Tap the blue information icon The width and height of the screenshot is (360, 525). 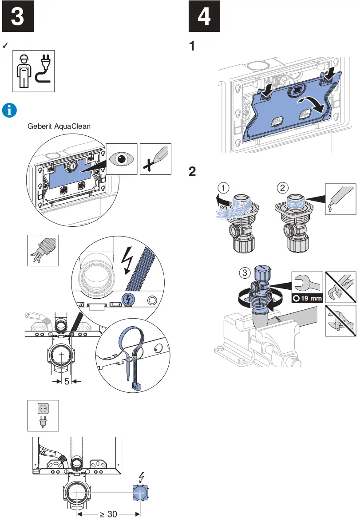tap(9, 110)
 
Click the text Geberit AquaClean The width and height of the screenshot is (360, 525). tap(59, 126)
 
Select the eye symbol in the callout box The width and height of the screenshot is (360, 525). tap(122, 159)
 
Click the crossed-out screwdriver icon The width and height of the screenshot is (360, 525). tap(155, 159)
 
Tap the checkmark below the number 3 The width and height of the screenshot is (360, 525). tap(5, 46)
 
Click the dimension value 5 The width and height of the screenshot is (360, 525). tap(67, 381)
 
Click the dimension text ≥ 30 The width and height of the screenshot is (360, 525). tap(108, 514)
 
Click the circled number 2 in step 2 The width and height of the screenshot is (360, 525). tap(283, 188)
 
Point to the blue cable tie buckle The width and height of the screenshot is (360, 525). tap(136, 387)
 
